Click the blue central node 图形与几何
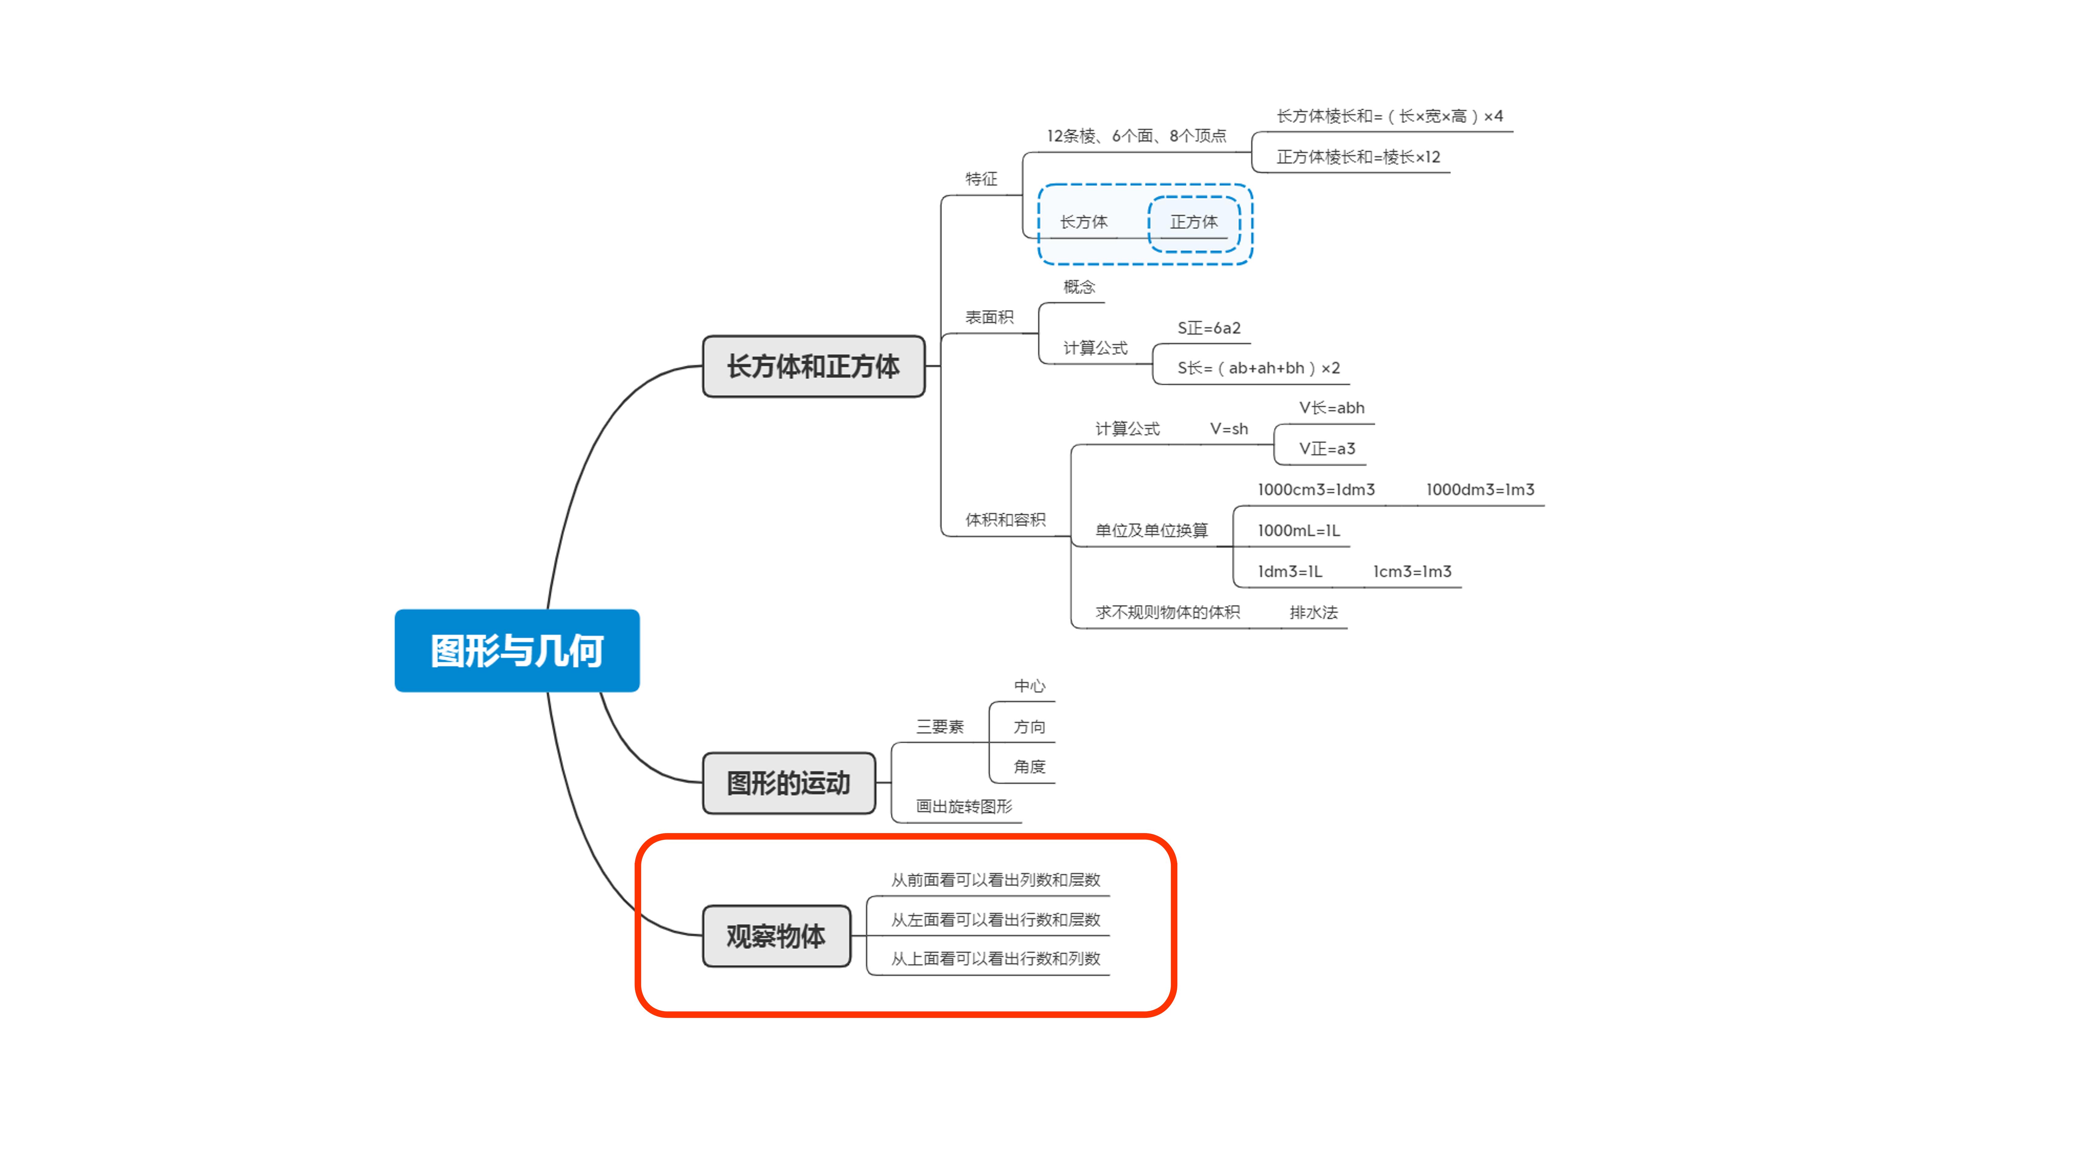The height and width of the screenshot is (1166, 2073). pyautogui.click(x=517, y=650)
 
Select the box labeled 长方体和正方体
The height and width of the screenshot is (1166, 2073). pyautogui.click(x=814, y=366)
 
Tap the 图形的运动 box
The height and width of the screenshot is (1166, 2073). pyautogui.click(x=789, y=783)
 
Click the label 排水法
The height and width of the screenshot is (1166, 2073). pyautogui.click(x=1313, y=612)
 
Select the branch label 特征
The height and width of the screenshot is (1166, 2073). pyautogui.click(x=981, y=179)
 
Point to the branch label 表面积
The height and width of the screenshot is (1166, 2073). pyautogui.click(x=989, y=317)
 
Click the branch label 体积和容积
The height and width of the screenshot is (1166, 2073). pyautogui.click(x=1005, y=520)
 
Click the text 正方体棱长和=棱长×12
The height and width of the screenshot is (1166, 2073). pyautogui.click(x=1358, y=157)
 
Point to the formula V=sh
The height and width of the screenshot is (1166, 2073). pyautogui.click(x=1229, y=429)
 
